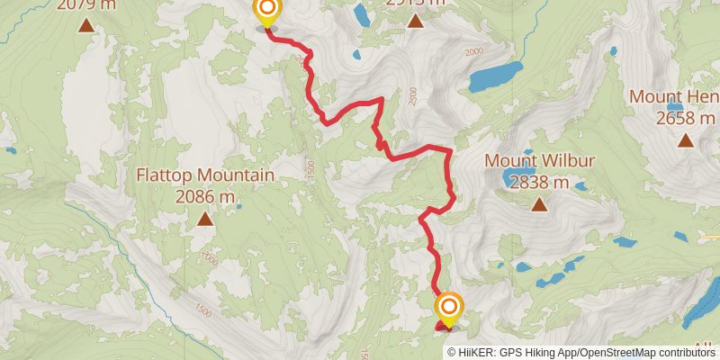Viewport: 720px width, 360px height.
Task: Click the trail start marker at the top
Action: (x=266, y=12)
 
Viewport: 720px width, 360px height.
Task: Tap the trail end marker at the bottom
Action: (x=447, y=309)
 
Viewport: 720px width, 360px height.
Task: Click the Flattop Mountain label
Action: (x=205, y=175)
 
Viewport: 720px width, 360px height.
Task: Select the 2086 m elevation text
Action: (x=205, y=195)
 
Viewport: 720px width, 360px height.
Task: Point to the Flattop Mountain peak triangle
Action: (x=205, y=219)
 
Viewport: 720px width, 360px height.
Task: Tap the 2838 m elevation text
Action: (x=539, y=182)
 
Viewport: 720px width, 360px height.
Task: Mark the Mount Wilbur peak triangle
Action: (x=539, y=204)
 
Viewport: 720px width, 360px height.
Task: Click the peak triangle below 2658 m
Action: (x=686, y=139)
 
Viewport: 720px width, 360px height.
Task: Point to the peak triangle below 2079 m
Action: (x=86, y=24)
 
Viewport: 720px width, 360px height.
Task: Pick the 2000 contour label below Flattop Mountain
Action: (x=210, y=260)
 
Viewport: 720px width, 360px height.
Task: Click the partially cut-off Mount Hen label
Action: (x=673, y=96)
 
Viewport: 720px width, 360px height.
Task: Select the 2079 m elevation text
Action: (x=86, y=4)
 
